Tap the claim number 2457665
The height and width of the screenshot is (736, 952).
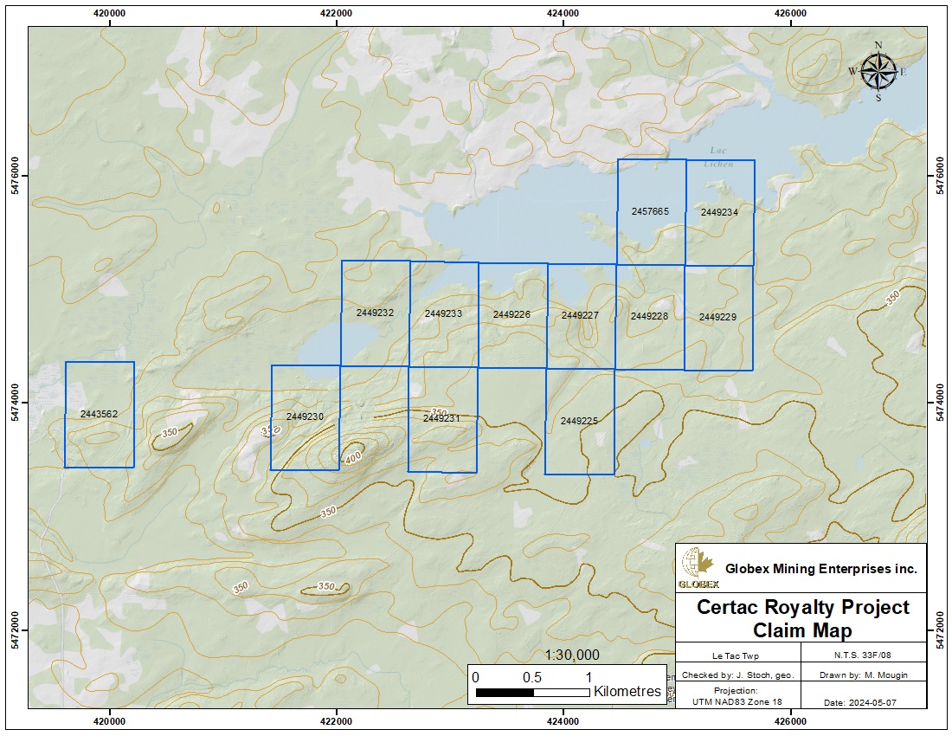pos(650,211)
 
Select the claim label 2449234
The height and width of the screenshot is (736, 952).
pos(719,212)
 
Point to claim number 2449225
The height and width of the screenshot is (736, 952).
pos(579,421)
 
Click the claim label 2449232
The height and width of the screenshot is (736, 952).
pos(375,313)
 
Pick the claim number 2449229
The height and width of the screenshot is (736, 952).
pos(717,318)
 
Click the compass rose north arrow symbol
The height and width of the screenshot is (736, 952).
pos(878,71)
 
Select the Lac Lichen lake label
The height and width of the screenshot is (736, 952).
pos(720,157)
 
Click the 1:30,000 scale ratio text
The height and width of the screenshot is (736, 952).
pos(573,655)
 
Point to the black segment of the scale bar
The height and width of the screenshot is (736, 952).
pos(505,692)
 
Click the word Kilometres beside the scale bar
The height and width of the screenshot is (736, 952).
pos(627,692)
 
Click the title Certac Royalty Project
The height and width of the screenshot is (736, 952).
pos(803,607)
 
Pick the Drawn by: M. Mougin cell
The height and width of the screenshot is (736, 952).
pos(864,675)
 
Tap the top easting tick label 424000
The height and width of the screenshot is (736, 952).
pos(563,13)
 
